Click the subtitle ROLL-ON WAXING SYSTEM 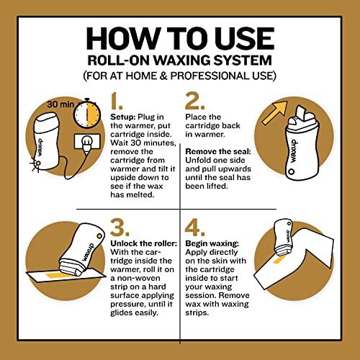click(x=179, y=60)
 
